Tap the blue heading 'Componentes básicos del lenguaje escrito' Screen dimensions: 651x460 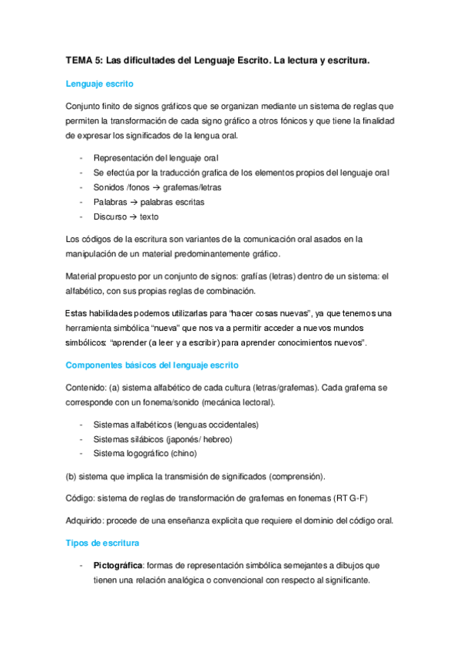click(x=153, y=365)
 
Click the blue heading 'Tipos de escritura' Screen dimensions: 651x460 click(x=102, y=543)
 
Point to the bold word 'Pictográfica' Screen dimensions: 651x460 click(x=119, y=565)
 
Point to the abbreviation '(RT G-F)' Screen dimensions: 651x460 click(x=349, y=498)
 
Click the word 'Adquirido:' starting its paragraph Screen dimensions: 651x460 click(x=87, y=520)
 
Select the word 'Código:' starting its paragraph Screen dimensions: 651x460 click(x=82, y=498)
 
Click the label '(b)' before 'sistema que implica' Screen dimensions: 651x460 click(x=72, y=476)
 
